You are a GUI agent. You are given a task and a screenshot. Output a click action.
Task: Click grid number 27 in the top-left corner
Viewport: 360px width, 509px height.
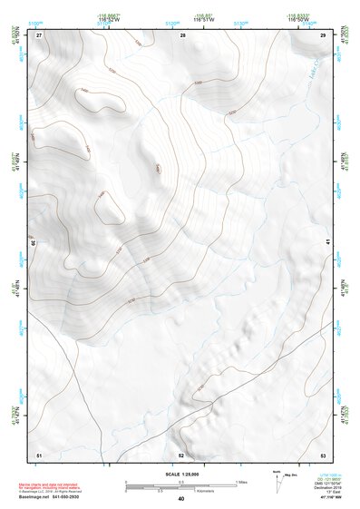click(x=39, y=34)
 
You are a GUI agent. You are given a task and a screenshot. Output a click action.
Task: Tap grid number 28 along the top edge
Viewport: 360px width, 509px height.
click(x=182, y=34)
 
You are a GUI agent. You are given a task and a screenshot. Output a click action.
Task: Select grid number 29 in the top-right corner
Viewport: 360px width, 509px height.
click(x=323, y=34)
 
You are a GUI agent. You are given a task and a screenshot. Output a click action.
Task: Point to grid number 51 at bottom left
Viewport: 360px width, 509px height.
click(x=39, y=455)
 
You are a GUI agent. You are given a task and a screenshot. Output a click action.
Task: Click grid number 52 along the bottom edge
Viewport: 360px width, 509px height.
click(x=181, y=455)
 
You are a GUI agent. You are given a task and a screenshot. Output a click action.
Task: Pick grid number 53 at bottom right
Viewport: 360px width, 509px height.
click(x=323, y=455)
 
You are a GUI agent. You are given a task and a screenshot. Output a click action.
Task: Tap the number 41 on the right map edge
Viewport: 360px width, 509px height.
click(x=326, y=241)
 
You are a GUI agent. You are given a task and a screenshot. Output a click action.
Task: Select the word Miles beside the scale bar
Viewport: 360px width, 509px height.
click(x=241, y=482)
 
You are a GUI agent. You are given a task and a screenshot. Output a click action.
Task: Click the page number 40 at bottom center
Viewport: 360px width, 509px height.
click(x=181, y=500)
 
